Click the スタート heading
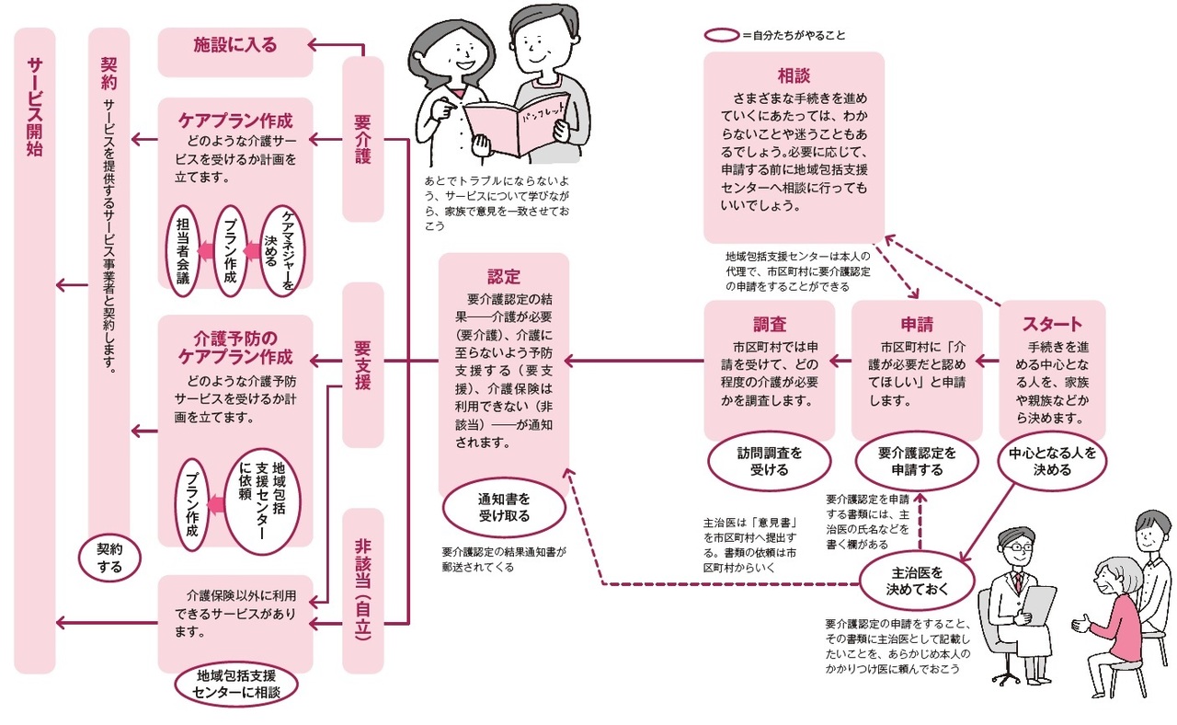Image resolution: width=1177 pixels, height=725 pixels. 1052,324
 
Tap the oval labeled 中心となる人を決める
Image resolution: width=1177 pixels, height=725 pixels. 1052,461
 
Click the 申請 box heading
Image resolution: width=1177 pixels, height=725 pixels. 916,324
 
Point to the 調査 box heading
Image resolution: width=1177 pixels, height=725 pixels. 769,324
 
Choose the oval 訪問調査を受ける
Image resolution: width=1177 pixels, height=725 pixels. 769,461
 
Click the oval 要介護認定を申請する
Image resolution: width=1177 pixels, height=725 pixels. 916,461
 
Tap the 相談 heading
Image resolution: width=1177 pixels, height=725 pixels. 793,75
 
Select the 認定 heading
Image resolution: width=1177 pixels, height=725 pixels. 504,276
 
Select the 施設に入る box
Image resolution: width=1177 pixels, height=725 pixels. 235,44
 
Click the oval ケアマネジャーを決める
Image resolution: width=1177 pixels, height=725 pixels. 280,249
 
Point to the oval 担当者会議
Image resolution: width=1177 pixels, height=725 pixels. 184,249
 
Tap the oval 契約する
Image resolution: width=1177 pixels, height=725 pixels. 110,558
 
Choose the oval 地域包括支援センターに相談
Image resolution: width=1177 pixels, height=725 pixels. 235,685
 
